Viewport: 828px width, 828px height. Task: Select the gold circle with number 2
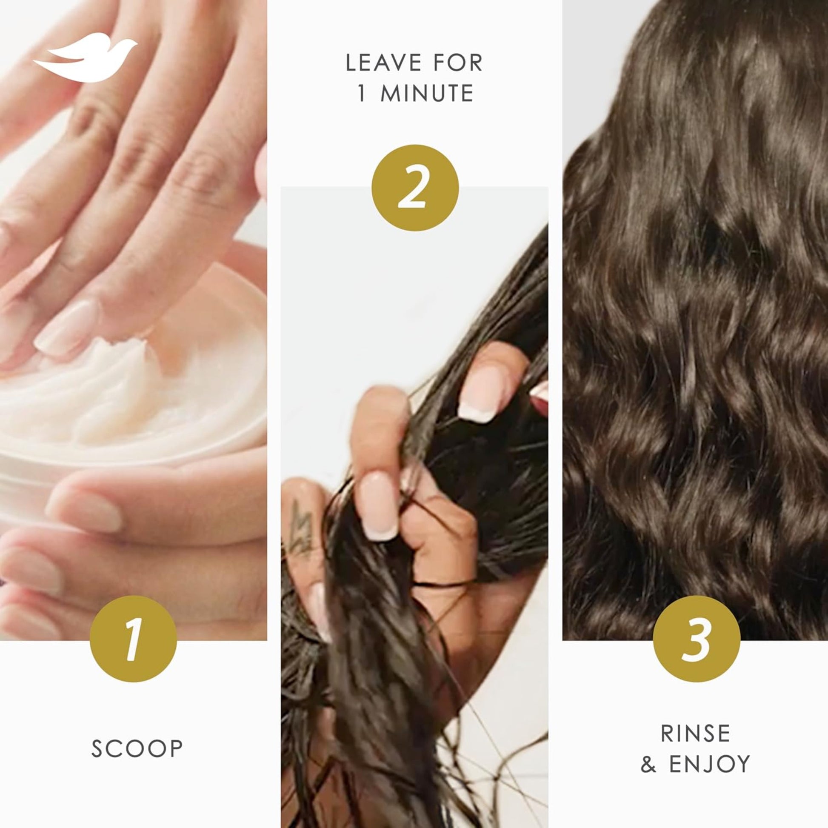(x=415, y=188)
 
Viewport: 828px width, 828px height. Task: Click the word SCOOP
(x=137, y=749)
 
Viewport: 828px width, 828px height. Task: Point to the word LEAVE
(x=384, y=63)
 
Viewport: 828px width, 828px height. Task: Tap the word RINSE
(x=696, y=733)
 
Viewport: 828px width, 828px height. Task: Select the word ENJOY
(x=709, y=764)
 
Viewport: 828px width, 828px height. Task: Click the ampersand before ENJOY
(x=648, y=764)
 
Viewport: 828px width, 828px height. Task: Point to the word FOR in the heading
(x=458, y=63)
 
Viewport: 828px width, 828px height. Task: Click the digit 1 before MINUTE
(x=362, y=94)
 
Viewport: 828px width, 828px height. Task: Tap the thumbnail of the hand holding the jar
(x=86, y=510)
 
